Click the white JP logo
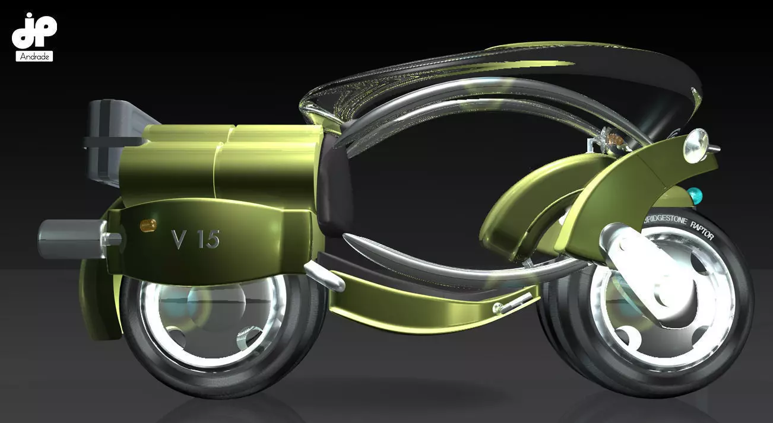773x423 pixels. click(x=34, y=31)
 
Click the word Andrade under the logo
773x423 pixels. click(x=34, y=56)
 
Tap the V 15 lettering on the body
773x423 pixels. click(x=195, y=238)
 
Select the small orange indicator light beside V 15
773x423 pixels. click(x=147, y=224)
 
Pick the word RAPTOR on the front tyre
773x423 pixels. click(x=701, y=228)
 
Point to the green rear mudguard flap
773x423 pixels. click(x=95, y=303)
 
